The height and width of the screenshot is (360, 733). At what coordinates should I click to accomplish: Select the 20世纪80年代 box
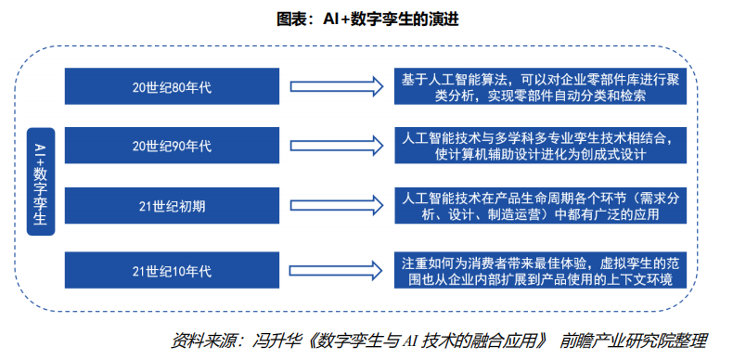coord(173,87)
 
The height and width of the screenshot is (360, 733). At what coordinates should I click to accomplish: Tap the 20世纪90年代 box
coord(173,146)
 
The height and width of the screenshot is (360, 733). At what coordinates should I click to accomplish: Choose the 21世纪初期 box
coord(173,206)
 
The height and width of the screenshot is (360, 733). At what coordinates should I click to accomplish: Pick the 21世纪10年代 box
coord(173,270)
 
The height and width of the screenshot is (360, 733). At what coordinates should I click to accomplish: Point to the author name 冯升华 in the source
coord(273,340)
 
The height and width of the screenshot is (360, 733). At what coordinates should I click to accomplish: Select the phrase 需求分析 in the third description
coord(656,198)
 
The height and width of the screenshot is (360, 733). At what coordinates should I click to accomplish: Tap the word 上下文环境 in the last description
coord(640,278)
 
